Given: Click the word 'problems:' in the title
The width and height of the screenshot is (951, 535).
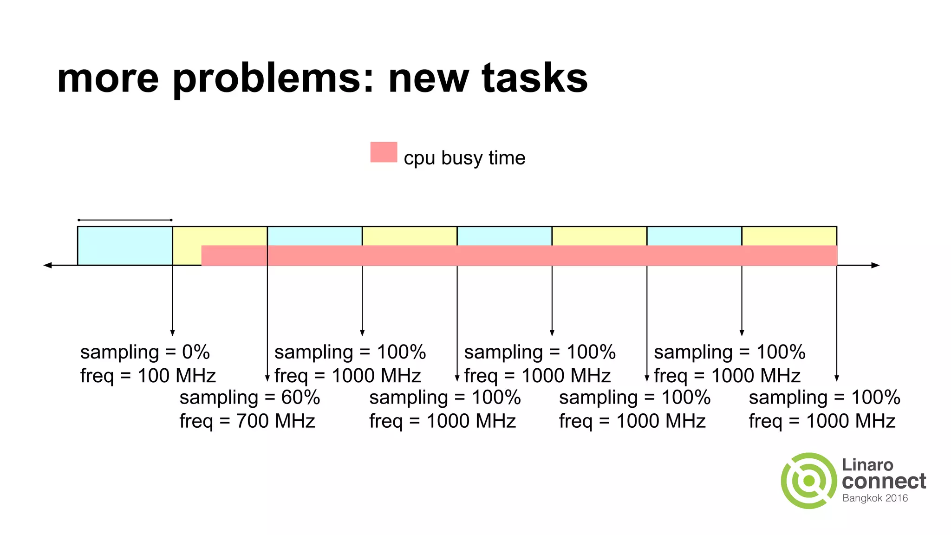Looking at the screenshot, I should [273, 79].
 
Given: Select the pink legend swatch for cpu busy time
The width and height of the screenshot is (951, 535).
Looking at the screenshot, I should [384, 152].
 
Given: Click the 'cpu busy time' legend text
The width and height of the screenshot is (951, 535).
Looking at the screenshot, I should [464, 158].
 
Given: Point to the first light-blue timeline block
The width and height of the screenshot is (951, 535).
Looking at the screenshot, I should [125, 245].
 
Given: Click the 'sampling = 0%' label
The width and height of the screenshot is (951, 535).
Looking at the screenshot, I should [145, 352].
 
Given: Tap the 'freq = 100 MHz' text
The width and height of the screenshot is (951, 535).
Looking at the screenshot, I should [148, 376].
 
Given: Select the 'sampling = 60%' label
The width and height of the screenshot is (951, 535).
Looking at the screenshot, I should [250, 398].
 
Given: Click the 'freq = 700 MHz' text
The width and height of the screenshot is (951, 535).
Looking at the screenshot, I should [247, 421].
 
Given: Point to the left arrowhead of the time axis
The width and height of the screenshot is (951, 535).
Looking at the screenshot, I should [47, 265].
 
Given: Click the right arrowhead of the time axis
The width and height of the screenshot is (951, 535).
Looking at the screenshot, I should [876, 265].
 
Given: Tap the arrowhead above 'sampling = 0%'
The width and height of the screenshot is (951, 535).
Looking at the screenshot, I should [172, 333].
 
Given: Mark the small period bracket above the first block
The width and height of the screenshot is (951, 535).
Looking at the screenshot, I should [125, 220].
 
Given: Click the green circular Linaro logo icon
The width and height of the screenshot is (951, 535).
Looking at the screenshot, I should [809, 481].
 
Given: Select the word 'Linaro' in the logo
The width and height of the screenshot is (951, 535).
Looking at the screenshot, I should [867, 465].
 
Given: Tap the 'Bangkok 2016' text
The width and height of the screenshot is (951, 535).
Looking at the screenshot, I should [875, 498].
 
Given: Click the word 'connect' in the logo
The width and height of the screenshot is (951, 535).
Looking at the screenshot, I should [884, 481].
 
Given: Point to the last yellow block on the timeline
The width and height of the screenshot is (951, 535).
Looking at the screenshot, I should [789, 236].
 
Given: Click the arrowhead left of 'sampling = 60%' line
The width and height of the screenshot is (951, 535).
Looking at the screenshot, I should [267, 378].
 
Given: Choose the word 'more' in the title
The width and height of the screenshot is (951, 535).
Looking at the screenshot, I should [108, 79].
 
